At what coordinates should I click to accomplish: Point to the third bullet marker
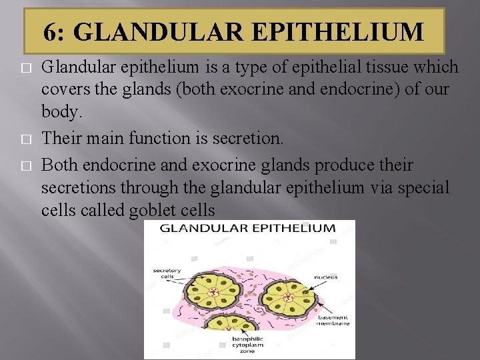pos(27,166)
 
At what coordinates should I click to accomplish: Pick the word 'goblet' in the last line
pos(147,211)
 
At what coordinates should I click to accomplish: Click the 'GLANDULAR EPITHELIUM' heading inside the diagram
pos(248,228)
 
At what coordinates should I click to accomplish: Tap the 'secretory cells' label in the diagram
pos(167,274)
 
